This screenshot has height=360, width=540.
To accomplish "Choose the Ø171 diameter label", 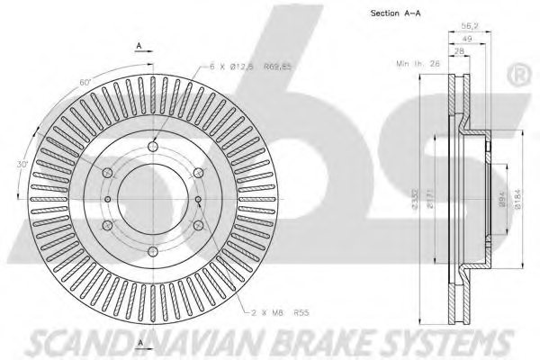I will [x=432, y=200].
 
